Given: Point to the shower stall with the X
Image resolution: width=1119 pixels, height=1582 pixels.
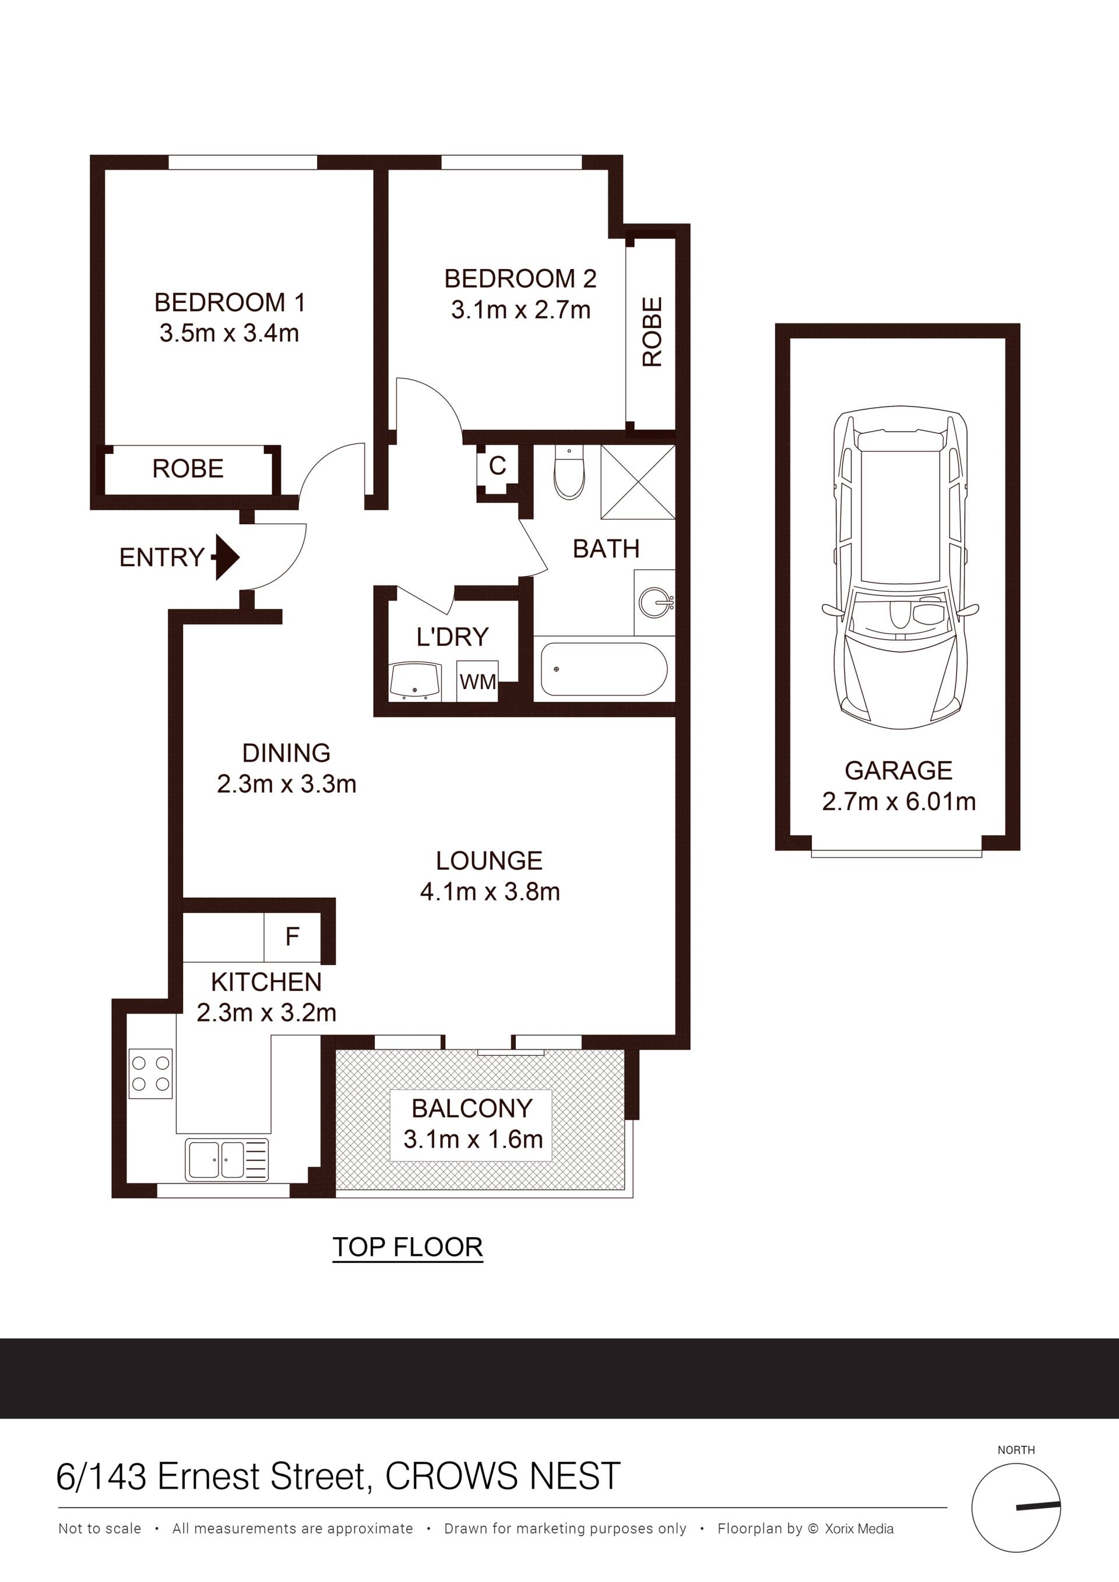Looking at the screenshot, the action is [x=638, y=482].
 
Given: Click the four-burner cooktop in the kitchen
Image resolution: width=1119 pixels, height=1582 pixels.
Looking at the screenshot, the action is [x=150, y=1073].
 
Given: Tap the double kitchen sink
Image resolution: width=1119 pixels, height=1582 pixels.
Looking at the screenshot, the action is [x=227, y=1160].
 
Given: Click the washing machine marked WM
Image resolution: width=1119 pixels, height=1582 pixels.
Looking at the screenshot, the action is [x=478, y=681].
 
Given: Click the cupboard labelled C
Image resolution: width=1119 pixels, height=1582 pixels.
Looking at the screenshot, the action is [x=497, y=466].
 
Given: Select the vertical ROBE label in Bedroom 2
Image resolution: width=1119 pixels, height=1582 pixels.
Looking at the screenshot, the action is [x=652, y=331].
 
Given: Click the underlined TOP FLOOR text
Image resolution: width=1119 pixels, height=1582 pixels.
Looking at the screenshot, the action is [x=407, y=1247].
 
